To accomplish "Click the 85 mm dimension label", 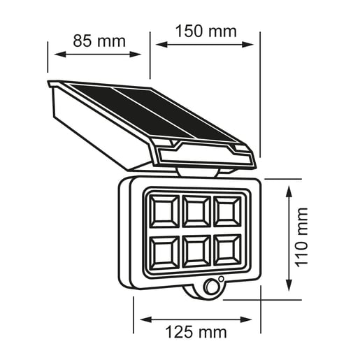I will point(99,41).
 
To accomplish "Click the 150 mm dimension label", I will point(206,31).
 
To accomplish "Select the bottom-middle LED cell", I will point(196,250).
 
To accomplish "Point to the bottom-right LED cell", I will point(227,250).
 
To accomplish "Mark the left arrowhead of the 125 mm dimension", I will point(144,319).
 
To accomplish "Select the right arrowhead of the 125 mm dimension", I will point(252,319).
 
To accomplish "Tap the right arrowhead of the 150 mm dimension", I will point(254,44).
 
